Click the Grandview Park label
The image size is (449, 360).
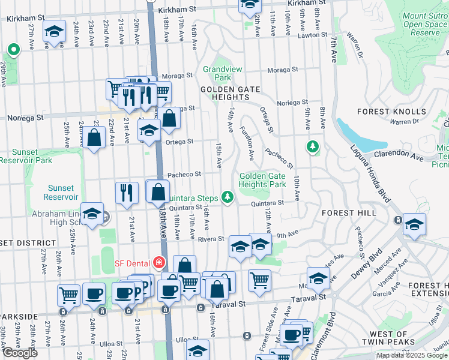(217, 73)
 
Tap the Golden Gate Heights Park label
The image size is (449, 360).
(262, 180)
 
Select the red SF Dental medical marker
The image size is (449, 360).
(158, 263)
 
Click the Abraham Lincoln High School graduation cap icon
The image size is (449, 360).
(92, 214)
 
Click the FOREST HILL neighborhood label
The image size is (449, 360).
(349, 213)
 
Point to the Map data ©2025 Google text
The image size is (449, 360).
(412, 355)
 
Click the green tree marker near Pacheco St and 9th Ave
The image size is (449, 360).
(312, 146)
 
